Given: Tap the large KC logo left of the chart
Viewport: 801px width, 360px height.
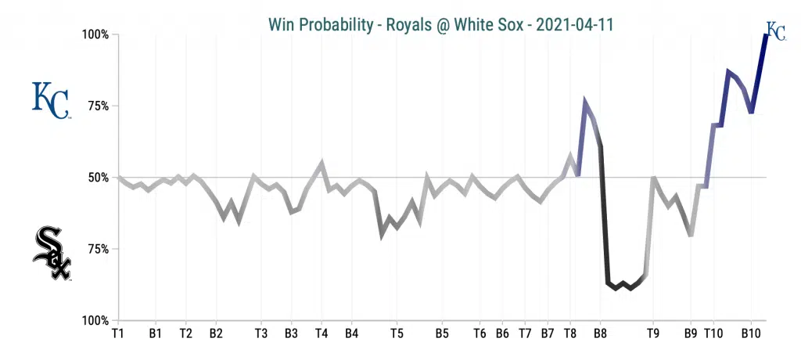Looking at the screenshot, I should [x=50, y=100].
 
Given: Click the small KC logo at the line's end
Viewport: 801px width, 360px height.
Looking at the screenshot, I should [x=775, y=31].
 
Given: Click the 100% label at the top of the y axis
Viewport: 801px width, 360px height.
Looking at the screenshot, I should [x=97, y=35].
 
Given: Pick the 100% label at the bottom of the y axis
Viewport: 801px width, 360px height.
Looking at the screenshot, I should [x=97, y=321].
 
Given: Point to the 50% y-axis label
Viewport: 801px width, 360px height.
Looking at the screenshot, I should [x=99, y=178].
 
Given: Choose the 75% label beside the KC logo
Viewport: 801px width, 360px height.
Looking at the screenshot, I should [x=99, y=106].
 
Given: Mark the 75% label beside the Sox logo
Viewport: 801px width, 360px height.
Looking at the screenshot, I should [x=99, y=250].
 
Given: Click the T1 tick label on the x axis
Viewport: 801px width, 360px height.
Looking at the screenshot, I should [x=118, y=333].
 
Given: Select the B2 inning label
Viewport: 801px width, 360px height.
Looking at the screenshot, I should [x=216, y=333].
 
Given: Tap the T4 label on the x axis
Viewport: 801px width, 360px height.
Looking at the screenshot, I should [x=321, y=333].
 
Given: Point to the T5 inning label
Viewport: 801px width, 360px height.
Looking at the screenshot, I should [x=397, y=333].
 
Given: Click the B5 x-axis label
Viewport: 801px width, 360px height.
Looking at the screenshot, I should [x=442, y=333].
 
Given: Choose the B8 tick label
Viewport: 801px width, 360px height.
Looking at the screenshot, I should [x=600, y=333].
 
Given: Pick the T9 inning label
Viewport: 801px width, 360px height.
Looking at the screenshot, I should [x=653, y=333].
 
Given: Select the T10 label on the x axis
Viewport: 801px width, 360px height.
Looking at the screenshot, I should [x=713, y=333].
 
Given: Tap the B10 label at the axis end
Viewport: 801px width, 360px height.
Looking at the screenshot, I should [x=751, y=333].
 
